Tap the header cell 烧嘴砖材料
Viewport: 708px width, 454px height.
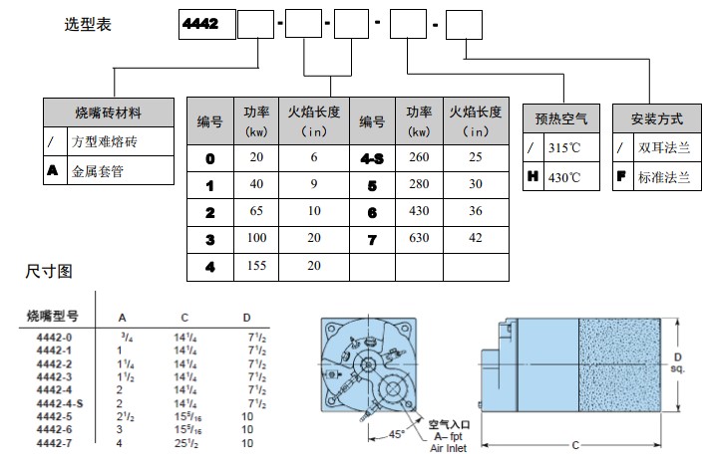coord(109,112)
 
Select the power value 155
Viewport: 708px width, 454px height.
coord(256,268)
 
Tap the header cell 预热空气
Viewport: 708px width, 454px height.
coord(561,118)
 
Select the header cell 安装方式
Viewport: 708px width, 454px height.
coord(657,118)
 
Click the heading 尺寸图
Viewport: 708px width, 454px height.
coord(49,271)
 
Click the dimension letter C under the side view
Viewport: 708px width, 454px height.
coord(575,441)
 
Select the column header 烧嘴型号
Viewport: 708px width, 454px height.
coord(52,316)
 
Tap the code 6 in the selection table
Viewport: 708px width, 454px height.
coord(371,213)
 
